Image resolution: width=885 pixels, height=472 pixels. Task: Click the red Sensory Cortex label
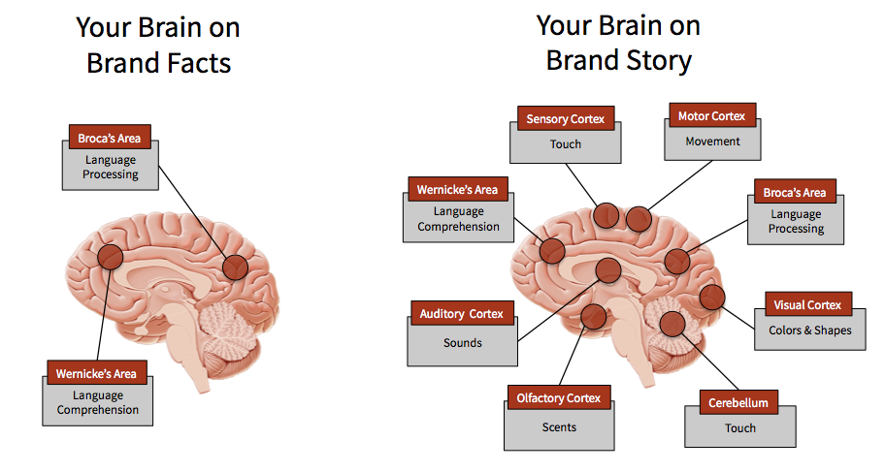click(x=566, y=118)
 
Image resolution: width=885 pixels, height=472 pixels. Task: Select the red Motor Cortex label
click(x=711, y=115)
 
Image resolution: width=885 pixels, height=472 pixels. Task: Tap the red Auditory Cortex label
click(x=461, y=314)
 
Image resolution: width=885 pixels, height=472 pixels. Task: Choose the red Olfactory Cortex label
click(x=558, y=398)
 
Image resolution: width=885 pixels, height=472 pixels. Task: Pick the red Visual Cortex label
click(x=807, y=304)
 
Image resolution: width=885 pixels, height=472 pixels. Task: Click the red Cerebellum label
click(x=738, y=402)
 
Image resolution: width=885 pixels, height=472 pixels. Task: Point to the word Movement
click(x=712, y=141)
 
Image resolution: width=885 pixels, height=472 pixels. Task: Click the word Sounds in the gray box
click(x=462, y=342)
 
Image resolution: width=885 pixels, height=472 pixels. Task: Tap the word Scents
click(x=559, y=426)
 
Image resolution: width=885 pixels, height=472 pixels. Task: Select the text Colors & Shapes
click(x=810, y=330)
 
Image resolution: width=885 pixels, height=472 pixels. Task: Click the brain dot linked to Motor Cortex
click(x=639, y=219)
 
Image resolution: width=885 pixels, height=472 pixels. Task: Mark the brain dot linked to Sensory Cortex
click(x=606, y=215)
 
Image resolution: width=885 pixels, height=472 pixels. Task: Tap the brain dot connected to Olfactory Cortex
click(x=593, y=317)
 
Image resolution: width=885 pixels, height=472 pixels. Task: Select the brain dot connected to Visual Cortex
click(x=711, y=297)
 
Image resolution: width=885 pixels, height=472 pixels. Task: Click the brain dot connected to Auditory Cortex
click(x=608, y=270)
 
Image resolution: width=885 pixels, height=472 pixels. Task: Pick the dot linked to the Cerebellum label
click(x=672, y=325)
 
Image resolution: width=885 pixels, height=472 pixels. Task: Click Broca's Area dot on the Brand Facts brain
click(x=235, y=267)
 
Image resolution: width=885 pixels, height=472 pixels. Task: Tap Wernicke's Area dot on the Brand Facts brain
click(x=110, y=257)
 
